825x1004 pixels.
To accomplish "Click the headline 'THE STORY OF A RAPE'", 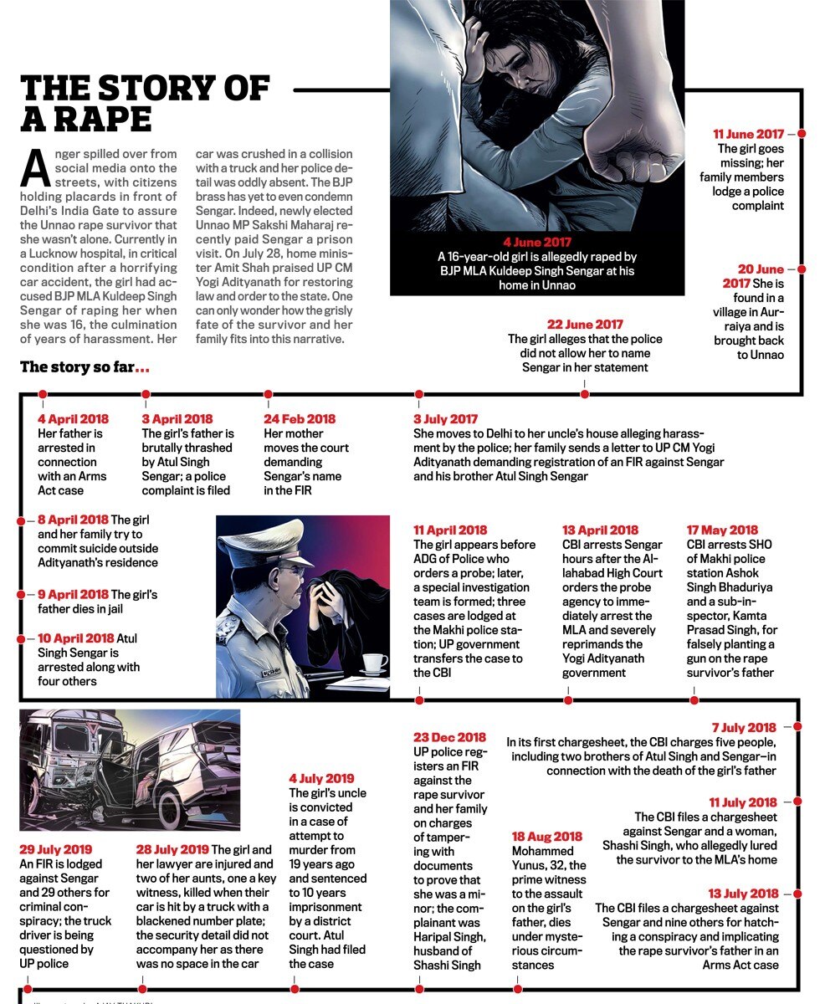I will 146,103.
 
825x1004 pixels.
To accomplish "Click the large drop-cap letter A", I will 35,168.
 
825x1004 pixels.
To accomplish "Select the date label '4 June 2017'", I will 537,243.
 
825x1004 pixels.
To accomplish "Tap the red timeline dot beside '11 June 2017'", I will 802,134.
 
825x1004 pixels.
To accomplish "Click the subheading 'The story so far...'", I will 85,367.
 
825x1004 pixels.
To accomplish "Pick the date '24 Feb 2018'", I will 300,419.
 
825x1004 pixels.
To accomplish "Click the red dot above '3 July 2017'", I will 418,393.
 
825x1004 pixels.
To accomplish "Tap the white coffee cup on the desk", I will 373,663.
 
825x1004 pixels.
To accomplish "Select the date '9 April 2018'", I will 73,595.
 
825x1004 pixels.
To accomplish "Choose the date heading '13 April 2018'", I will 600,530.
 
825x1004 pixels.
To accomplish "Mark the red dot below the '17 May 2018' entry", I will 694,699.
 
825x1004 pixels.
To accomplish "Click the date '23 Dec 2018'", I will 449,737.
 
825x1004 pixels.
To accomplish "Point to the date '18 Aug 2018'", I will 546,836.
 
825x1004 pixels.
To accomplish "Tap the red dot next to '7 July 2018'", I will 797,728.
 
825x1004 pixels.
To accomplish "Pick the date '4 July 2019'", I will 321,778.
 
